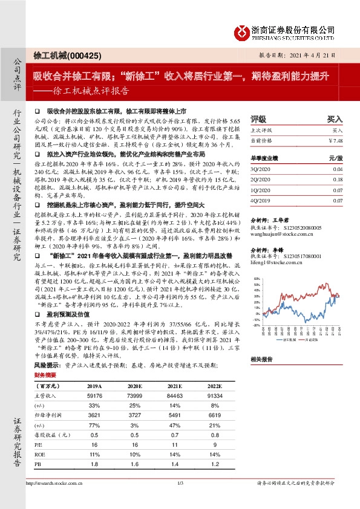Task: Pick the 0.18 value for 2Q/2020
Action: click(338, 180)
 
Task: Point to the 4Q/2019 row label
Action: click(259, 199)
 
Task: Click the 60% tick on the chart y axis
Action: click(257, 279)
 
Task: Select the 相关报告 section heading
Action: click(262, 359)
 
